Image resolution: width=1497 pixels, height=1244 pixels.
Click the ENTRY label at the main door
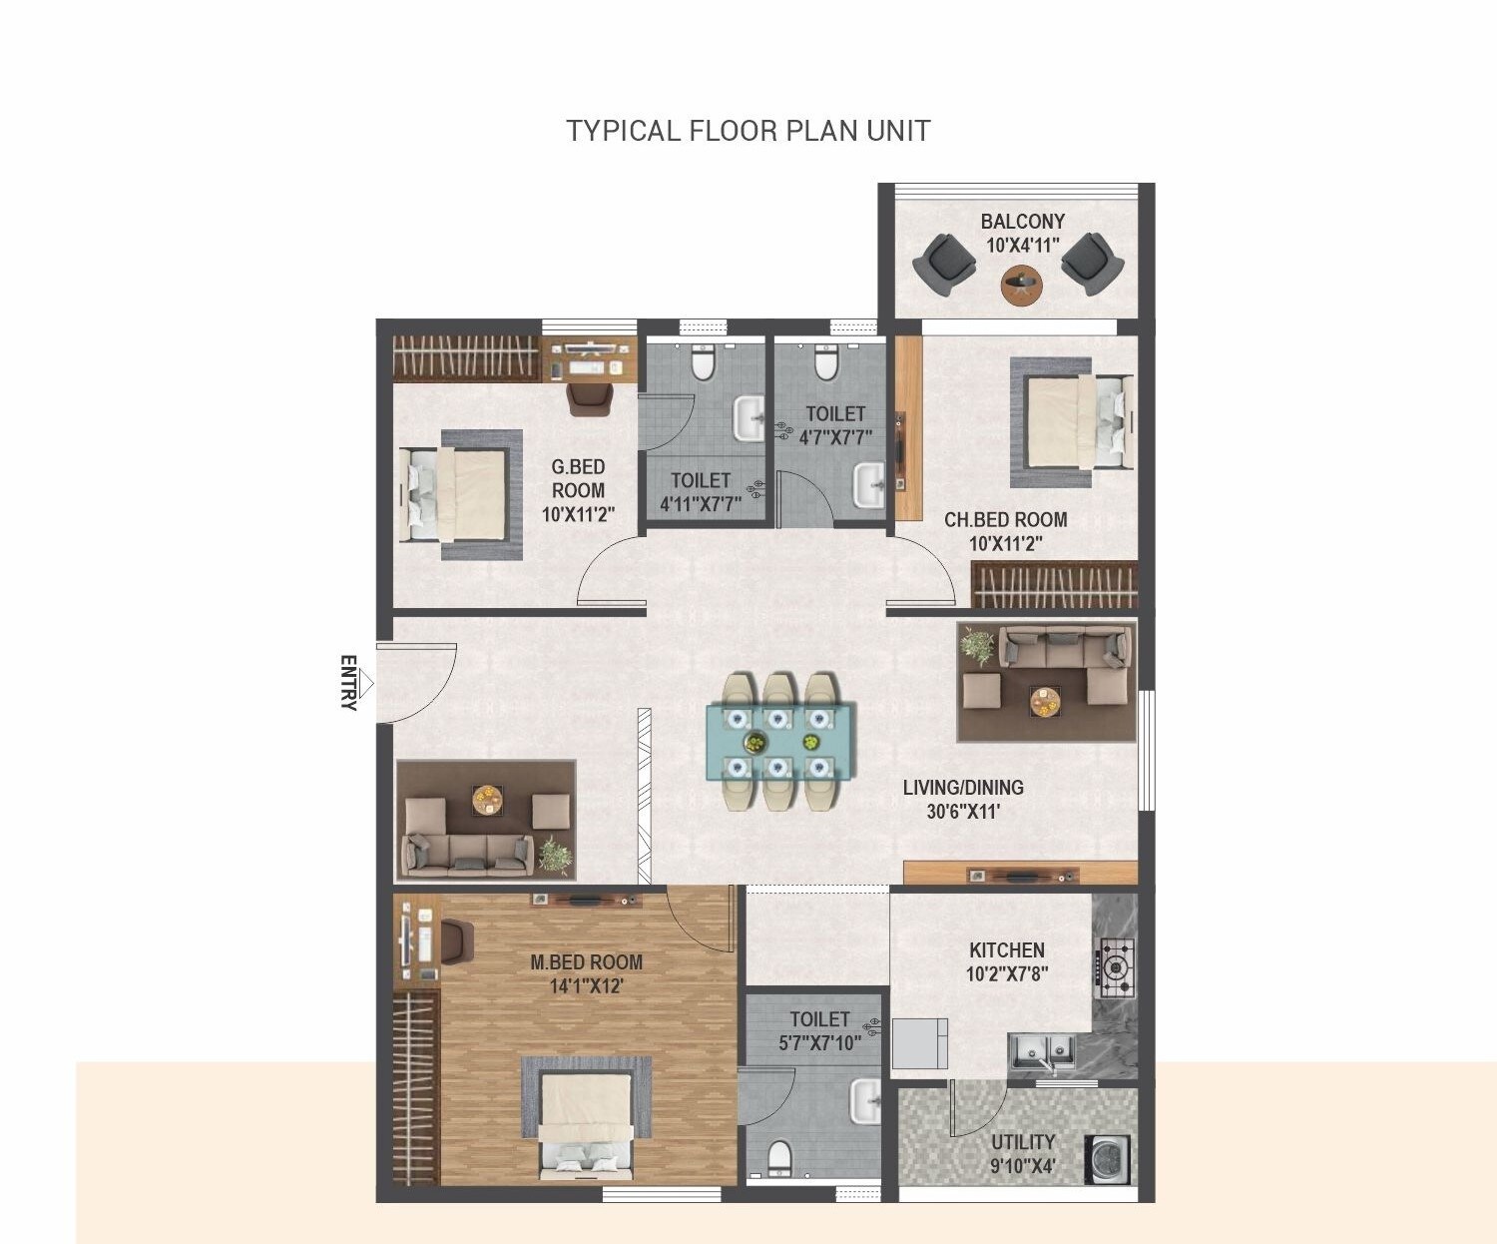(x=348, y=683)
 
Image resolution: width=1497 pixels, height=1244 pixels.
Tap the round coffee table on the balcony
(x=1021, y=285)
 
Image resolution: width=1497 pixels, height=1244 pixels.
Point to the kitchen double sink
(x=1041, y=1050)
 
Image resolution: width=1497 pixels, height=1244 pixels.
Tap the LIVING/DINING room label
(x=963, y=788)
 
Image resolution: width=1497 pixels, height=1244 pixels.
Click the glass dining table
(x=779, y=742)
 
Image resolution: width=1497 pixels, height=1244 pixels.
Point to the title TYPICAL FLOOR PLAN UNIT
(x=748, y=131)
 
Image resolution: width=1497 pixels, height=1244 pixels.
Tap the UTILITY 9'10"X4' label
(x=1022, y=1153)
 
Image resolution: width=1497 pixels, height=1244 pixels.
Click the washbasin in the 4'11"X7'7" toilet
(x=748, y=418)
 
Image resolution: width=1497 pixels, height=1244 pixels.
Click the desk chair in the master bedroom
(x=456, y=940)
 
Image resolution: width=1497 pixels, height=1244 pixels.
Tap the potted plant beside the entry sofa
(x=555, y=857)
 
